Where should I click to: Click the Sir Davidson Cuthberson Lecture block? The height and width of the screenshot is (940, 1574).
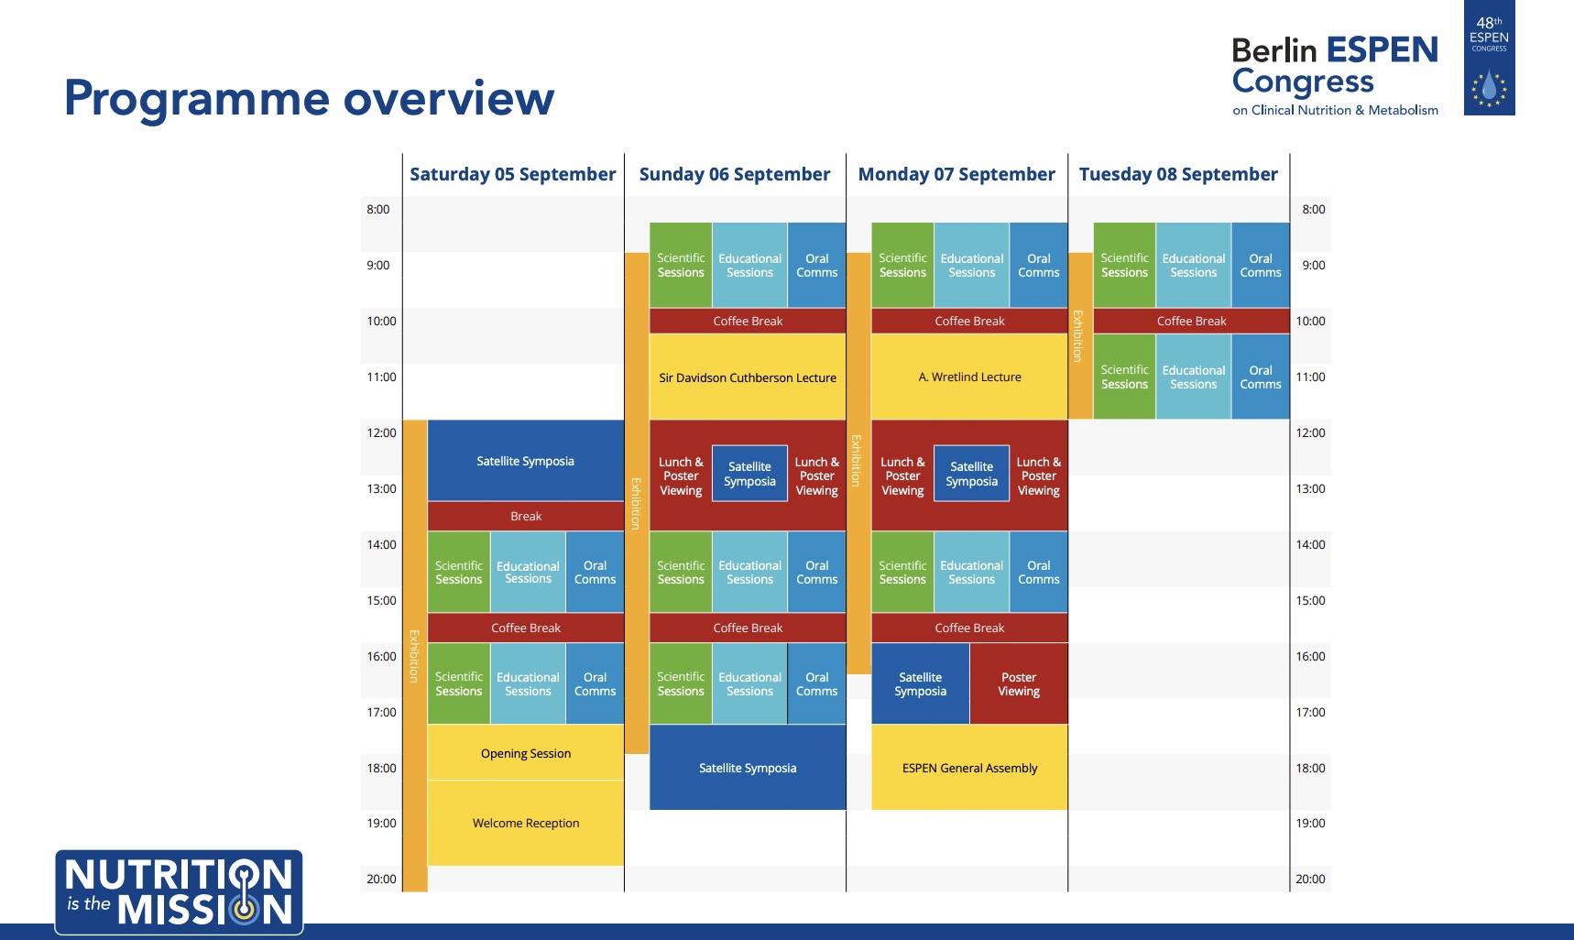[748, 377]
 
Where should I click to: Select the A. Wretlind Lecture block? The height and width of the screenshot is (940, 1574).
[969, 377]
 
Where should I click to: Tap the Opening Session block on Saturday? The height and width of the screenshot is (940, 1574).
[526, 752]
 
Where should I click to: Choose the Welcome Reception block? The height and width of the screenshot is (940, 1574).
[526, 823]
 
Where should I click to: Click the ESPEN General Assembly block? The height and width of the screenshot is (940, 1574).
[969, 768]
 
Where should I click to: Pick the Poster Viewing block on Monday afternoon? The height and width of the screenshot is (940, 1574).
[1019, 683]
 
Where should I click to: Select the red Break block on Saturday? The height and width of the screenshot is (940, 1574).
[526, 516]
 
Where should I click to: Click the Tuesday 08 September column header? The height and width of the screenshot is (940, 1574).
[1178, 174]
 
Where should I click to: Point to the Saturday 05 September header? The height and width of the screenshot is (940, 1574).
[513, 174]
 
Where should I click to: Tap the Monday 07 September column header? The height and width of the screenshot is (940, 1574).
[956, 174]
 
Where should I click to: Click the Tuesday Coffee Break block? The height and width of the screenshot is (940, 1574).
[1191, 321]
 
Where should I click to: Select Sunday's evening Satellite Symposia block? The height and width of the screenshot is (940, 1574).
[748, 768]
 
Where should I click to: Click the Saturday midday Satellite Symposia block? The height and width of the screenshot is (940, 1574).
[526, 461]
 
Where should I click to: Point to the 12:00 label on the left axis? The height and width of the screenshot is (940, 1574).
[381, 432]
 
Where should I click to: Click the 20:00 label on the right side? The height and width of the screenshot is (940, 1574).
[1310, 879]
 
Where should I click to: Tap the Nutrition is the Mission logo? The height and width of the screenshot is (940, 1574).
[179, 892]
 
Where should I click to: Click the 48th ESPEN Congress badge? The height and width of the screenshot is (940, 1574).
[1489, 58]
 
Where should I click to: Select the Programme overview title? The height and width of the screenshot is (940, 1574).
[309, 98]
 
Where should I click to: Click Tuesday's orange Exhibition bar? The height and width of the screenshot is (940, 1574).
[1080, 335]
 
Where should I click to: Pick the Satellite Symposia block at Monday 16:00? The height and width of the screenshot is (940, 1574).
[920, 683]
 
